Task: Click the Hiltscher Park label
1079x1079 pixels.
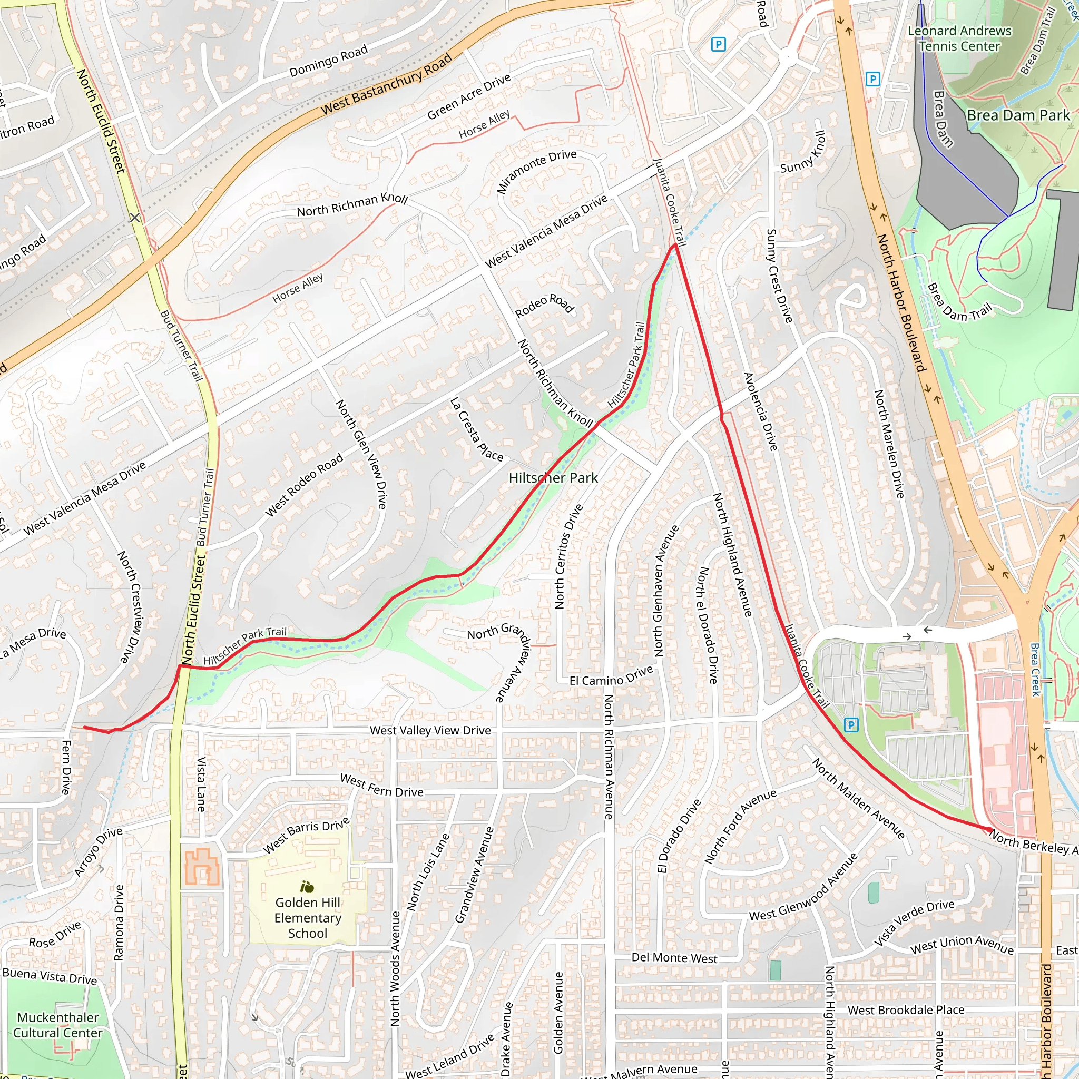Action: tap(553, 477)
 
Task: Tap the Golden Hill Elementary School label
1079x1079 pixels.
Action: tap(307, 918)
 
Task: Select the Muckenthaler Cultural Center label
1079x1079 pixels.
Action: tap(57, 1025)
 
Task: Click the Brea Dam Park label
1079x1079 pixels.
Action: tap(1018, 115)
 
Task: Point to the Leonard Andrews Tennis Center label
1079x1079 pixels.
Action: tap(959, 38)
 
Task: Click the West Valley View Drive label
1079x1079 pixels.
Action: tap(430, 731)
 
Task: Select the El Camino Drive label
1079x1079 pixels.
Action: tap(611, 676)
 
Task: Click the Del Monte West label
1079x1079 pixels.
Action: tap(674, 958)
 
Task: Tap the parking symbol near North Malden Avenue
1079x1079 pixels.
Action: tap(850, 725)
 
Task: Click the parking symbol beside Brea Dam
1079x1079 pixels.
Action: tap(872, 80)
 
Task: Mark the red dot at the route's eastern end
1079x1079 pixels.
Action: tap(989, 829)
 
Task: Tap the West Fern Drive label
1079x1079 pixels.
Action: tap(381, 785)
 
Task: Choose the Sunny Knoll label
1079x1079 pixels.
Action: tap(803, 152)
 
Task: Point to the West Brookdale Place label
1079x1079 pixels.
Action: tap(906, 1010)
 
